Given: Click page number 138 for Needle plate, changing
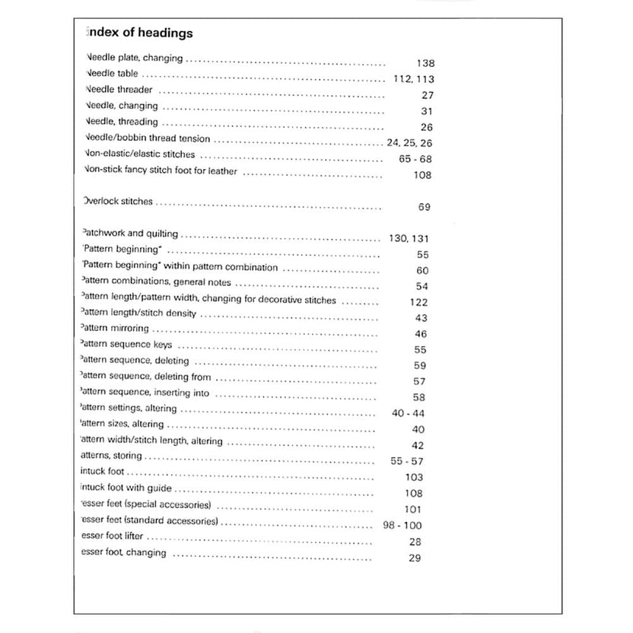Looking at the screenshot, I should [425, 64].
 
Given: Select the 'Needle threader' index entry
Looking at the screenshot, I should [119, 90].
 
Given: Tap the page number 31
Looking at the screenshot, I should [426, 111].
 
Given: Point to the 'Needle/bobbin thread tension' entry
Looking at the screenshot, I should [148, 139].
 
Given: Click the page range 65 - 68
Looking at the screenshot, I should [415, 159].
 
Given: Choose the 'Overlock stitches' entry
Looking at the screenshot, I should [117, 202].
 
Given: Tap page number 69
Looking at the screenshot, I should [425, 207].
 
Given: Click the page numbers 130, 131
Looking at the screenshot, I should [409, 239].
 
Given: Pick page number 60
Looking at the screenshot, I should [422, 271].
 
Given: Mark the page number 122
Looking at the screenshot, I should [418, 302].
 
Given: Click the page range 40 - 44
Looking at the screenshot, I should [409, 413].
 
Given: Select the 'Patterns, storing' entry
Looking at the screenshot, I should [110, 456].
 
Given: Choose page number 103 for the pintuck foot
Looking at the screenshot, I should [414, 477].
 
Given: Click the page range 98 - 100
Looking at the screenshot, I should [403, 526].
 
